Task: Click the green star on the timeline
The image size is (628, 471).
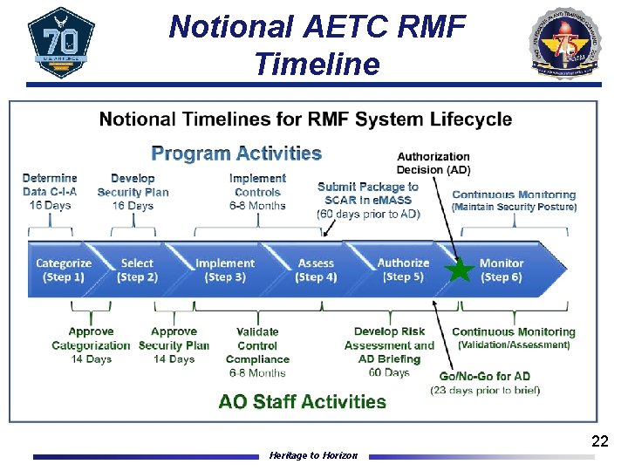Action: tap(459, 270)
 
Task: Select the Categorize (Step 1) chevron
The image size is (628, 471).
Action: tap(63, 270)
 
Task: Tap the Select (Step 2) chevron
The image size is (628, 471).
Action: tap(137, 270)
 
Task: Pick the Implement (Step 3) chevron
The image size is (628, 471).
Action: tap(225, 270)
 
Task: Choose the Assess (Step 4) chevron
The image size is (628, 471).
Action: tap(316, 270)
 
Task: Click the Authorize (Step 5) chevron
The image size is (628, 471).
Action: tap(403, 270)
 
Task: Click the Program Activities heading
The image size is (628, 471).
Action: tap(236, 154)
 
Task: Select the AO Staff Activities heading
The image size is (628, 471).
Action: tap(302, 402)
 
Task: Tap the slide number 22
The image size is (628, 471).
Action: tap(599, 441)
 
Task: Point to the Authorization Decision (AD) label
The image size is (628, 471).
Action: tap(433, 163)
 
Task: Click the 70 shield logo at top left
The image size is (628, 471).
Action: tap(61, 43)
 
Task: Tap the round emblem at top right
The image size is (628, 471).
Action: tap(566, 43)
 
